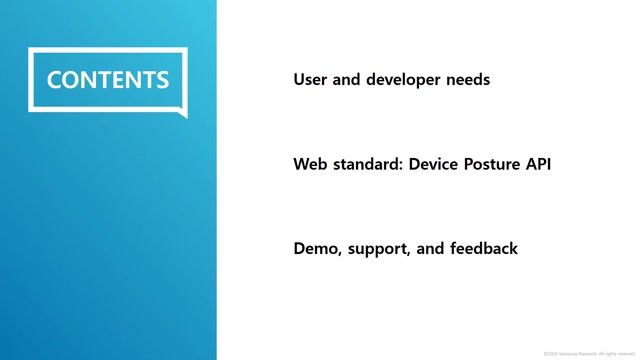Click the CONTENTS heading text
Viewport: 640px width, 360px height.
tap(108, 80)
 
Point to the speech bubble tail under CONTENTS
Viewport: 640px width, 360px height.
tap(179, 112)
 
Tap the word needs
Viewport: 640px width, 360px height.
tap(468, 79)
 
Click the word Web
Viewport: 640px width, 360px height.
tap(310, 164)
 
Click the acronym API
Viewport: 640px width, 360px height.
tap(538, 164)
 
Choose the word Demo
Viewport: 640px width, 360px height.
tap(316, 248)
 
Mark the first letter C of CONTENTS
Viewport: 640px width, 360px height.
tap(55, 80)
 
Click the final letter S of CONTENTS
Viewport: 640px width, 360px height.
tap(162, 80)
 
